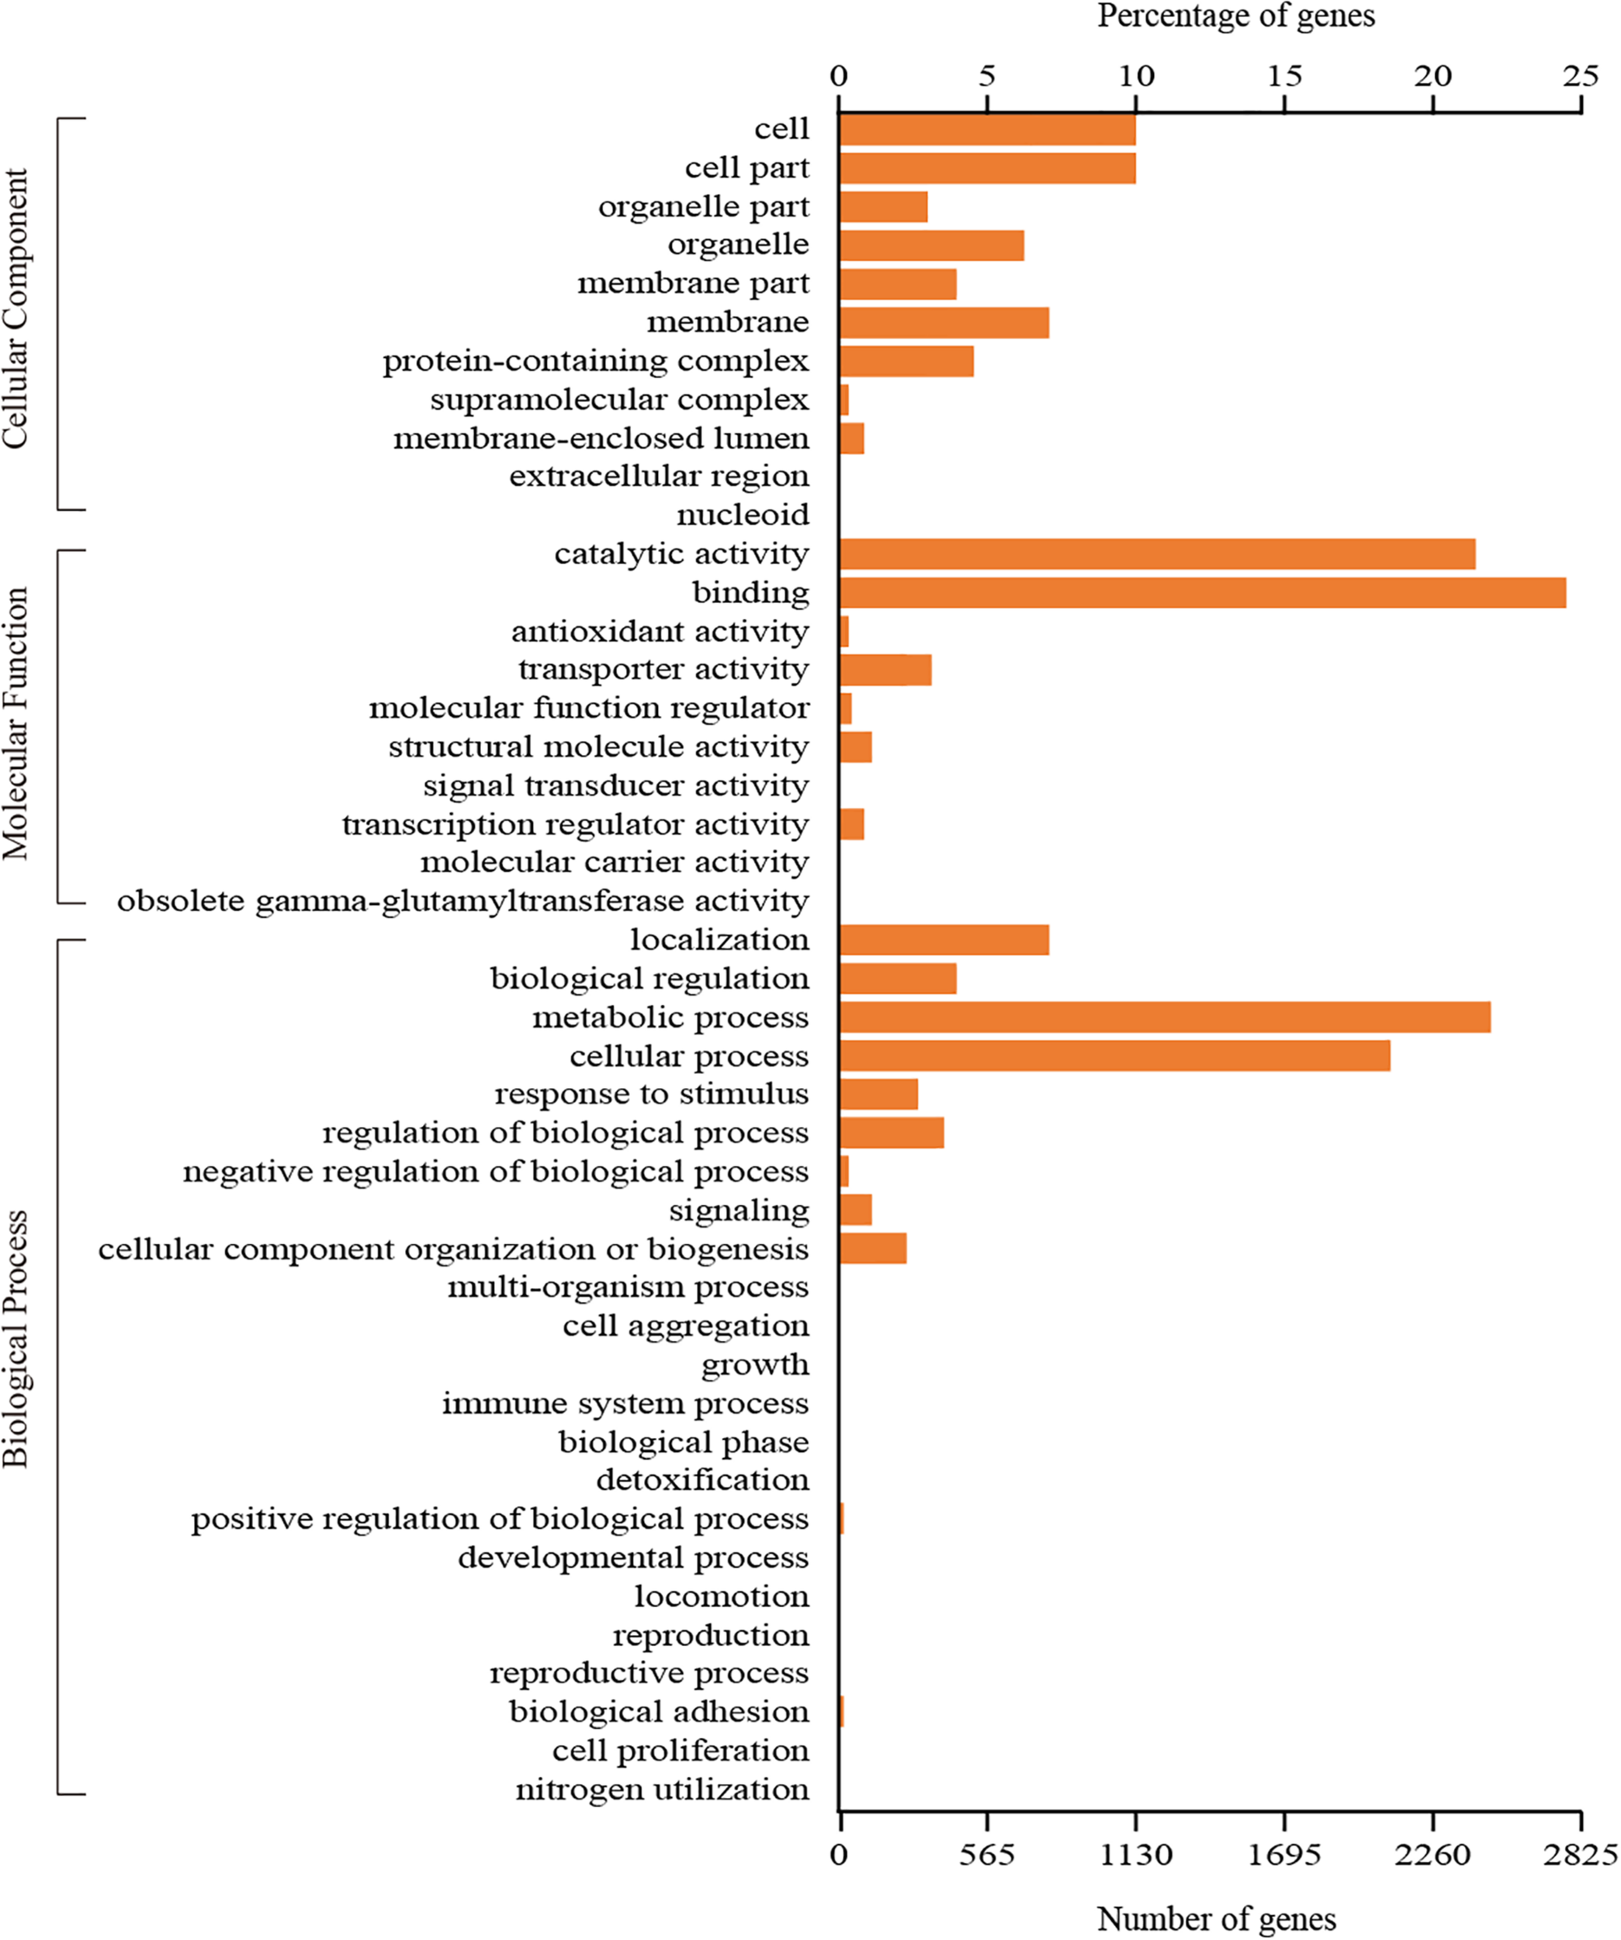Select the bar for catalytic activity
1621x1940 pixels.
(1156, 554)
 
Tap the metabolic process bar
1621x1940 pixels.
(1164, 1017)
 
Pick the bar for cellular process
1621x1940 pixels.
(1114, 1056)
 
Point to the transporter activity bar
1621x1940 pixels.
(885, 670)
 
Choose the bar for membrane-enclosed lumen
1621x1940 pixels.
(851, 438)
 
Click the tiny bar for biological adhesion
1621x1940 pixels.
(841, 1712)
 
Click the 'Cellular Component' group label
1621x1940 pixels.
(16, 309)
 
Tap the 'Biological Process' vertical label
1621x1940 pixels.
(16, 1339)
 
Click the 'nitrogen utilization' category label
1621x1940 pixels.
(661, 1789)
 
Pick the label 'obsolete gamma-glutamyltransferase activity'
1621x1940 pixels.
(462, 901)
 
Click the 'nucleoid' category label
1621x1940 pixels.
(743, 514)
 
